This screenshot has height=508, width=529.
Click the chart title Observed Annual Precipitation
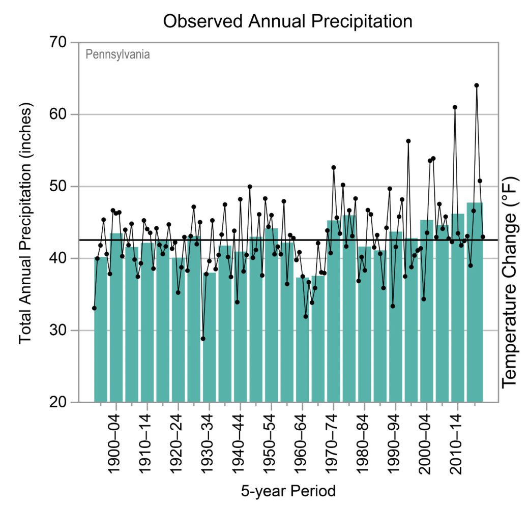pyautogui.click(x=287, y=21)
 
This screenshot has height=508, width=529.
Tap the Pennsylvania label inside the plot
pyautogui.click(x=117, y=54)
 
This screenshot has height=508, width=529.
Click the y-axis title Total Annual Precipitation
pyautogui.click(x=26, y=224)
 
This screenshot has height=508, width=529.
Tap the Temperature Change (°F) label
pyautogui.click(x=510, y=283)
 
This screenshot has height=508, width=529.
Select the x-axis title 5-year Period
pyautogui.click(x=288, y=491)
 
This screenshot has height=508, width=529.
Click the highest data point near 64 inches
pyautogui.click(x=477, y=85)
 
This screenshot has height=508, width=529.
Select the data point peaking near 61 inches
pyautogui.click(x=455, y=107)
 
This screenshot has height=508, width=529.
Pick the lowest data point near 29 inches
pyautogui.click(x=203, y=339)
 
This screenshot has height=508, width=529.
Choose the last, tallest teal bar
pyautogui.click(x=475, y=305)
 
